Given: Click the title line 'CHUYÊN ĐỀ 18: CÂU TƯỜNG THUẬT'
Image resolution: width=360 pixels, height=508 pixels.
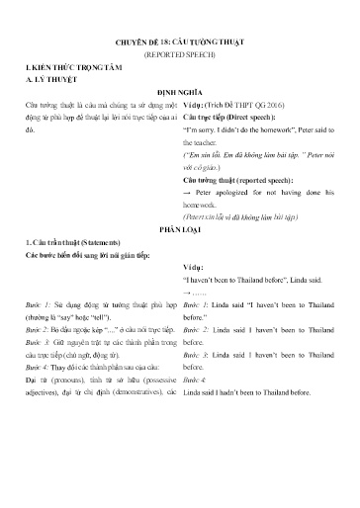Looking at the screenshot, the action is pos(179,43).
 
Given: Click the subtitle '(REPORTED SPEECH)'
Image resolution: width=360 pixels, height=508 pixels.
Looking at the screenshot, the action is pos(179,57).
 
